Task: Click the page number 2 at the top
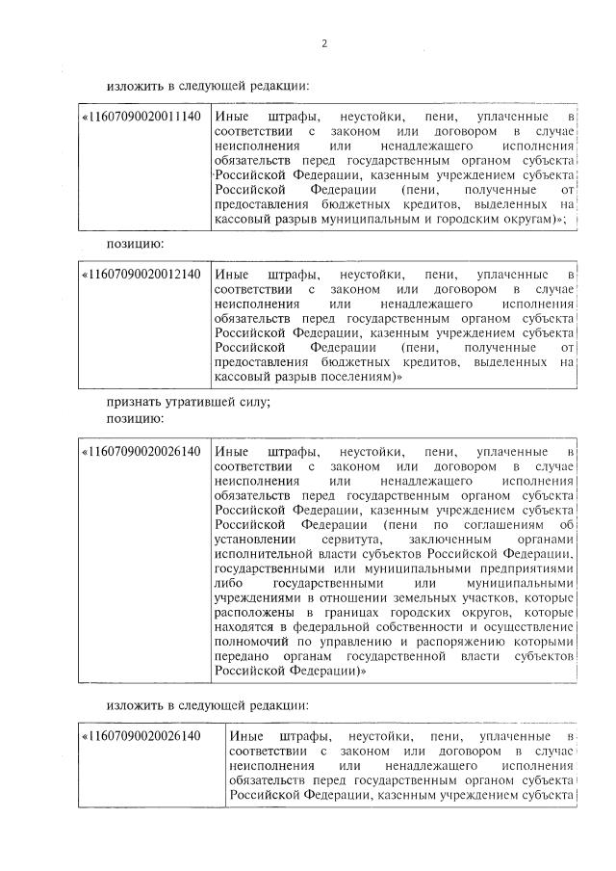pyautogui.click(x=323, y=43)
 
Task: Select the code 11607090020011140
pyautogui.click(x=142, y=118)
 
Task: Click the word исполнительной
pyautogui.click(x=265, y=555)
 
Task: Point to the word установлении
pyautogui.click(x=254, y=540)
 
